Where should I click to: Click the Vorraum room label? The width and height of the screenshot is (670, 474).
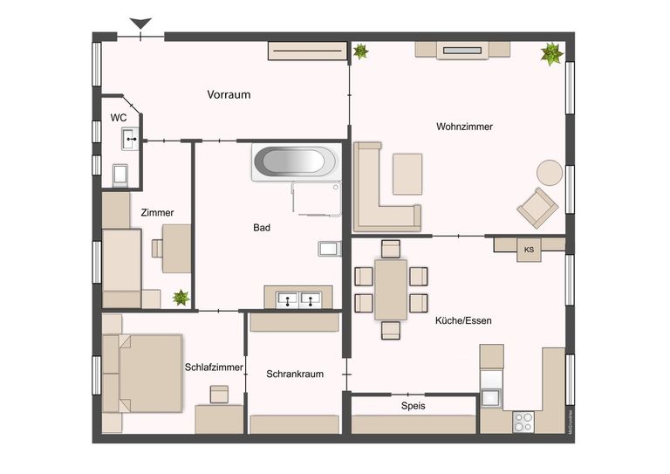click(x=229, y=94)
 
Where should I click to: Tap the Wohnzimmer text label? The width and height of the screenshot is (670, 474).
click(x=464, y=127)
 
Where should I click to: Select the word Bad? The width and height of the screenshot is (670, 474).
click(x=262, y=228)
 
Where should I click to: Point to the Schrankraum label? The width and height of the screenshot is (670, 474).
click(x=295, y=374)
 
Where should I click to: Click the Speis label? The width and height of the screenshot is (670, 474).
click(x=414, y=405)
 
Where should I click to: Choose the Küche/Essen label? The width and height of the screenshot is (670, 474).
click(x=463, y=320)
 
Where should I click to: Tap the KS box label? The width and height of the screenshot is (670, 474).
click(x=529, y=251)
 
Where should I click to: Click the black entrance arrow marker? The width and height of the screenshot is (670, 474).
click(x=140, y=24)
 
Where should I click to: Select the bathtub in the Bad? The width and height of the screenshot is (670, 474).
click(x=292, y=162)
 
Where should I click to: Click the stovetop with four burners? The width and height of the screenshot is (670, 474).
click(x=523, y=421)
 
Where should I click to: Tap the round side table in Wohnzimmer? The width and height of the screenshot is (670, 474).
click(x=550, y=172)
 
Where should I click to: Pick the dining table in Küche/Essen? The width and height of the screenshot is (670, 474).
click(x=391, y=289)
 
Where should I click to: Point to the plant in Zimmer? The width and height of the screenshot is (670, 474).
click(x=181, y=298)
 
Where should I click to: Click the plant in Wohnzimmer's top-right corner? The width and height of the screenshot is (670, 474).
click(x=551, y=54)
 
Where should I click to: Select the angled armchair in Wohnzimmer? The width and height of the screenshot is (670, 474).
click(x=537, y=208)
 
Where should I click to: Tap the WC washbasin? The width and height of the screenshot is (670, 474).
click(x=129, y=136)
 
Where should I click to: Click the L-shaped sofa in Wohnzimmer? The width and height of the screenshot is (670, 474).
click(x=379, y=196)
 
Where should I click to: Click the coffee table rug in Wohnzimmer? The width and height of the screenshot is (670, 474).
click(x=407, y=174)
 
